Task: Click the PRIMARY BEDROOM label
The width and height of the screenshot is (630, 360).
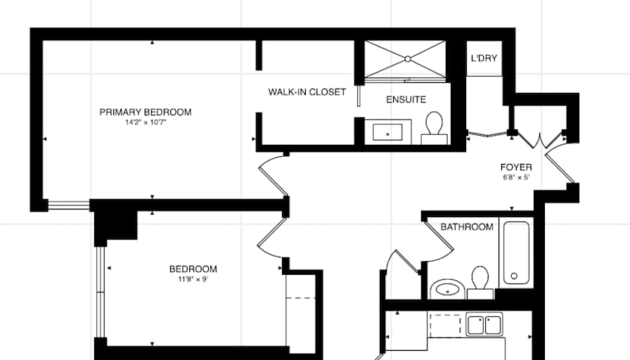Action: (145, 112)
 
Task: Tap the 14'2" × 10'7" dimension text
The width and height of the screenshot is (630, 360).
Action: (145, 122)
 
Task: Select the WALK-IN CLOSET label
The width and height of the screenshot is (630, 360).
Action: (307, 92)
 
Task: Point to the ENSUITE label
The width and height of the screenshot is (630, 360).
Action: (406, 100)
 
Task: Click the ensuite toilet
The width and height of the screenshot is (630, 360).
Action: (435, 127)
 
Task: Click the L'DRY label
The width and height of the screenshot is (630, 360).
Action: (484, 58)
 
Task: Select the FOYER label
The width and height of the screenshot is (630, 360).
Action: (516, 167)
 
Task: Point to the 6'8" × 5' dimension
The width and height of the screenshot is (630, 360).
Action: (515, 177)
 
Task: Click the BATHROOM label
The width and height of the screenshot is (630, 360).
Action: (467, 227)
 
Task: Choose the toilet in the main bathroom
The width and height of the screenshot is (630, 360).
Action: (481, 278)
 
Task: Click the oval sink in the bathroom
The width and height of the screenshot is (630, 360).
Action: (446, 288)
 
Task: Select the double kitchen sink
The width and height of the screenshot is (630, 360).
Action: (484, 325)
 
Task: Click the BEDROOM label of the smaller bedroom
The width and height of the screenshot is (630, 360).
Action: (193, 269)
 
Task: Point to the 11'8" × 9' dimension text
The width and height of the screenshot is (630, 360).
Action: (193, 279)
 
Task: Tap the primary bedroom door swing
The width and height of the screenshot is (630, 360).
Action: (272, 176)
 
